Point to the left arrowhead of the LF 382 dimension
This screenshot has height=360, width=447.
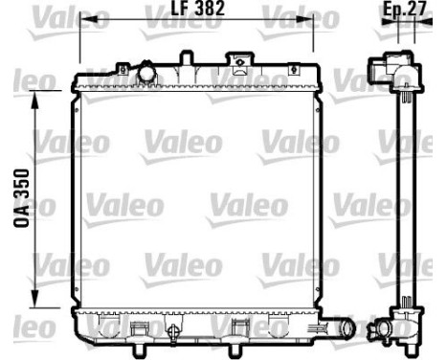pos(78,23)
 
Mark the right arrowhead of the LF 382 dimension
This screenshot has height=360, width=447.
pos(312,23)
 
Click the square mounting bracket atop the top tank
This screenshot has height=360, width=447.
pos(234,60)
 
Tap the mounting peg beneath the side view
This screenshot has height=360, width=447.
pos(408,340)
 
